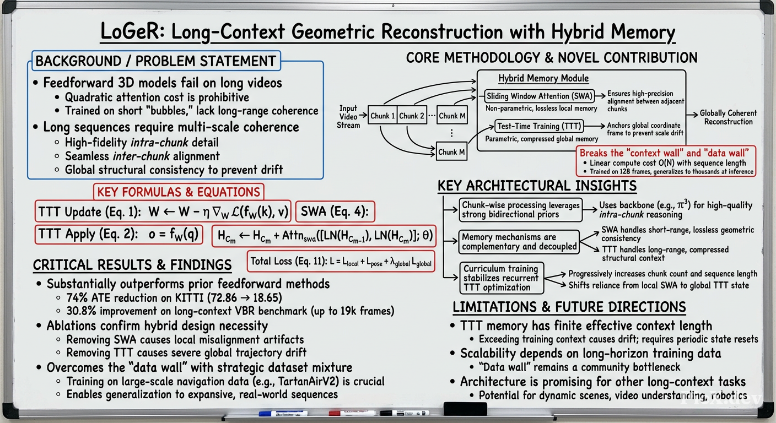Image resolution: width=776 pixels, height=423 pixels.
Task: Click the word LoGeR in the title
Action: (132, 31)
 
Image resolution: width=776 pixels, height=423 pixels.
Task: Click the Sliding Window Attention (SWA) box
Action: (540, 96)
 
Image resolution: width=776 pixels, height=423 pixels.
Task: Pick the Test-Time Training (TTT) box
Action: (539, 126)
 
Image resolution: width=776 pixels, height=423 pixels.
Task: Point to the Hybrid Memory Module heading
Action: (543, 78)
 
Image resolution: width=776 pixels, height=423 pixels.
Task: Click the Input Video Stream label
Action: (348, 117)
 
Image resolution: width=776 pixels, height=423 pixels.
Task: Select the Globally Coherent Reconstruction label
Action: (728, 117)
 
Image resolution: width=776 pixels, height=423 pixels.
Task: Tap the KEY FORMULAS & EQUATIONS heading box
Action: (179, 192)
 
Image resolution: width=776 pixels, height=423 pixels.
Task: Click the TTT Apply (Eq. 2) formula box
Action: (119, 234)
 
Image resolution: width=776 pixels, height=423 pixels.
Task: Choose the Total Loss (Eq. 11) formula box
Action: (341, 262)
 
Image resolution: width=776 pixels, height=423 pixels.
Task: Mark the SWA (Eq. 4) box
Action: (335, 211)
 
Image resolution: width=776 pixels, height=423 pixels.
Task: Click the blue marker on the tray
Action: (283, 413)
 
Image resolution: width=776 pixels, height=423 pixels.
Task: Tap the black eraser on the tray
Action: (465, 409)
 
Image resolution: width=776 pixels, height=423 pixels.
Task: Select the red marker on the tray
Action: (352, 413)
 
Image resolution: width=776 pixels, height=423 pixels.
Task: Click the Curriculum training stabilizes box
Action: (502, 278)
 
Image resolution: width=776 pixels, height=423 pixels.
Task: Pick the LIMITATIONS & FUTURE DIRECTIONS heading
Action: (569, 307)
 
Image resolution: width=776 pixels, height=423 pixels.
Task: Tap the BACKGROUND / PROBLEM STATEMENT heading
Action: (156, 61)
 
